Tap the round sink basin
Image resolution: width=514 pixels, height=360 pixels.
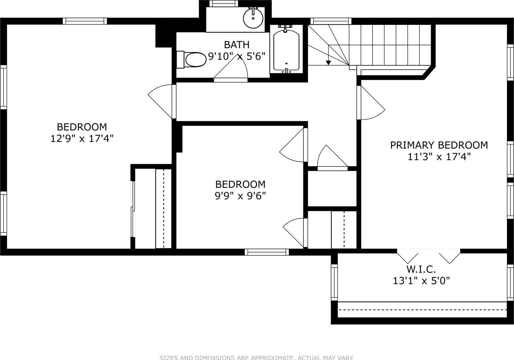point(253,18)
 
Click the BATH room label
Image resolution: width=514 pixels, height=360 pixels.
point(237,45)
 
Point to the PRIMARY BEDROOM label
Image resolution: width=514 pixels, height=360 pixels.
point(439,145)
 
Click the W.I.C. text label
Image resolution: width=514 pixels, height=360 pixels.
point(421,269)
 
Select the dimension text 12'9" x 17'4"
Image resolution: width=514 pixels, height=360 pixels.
point(82,138)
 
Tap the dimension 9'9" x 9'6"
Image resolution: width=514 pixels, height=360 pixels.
point(240,196)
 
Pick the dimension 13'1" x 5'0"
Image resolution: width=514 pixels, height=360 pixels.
point(421,281)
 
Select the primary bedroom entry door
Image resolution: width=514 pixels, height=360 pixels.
point(371,103)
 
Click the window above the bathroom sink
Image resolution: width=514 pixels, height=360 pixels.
point(224,4)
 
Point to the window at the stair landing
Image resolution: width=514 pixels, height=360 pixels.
point(330,21)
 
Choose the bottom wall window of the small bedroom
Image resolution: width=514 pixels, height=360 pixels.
point(267,252)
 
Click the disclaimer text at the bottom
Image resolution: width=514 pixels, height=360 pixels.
point(257,358)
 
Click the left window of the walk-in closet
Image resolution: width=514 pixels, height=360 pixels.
point(334,282)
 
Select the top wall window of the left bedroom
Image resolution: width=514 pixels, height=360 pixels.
point(85,21)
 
